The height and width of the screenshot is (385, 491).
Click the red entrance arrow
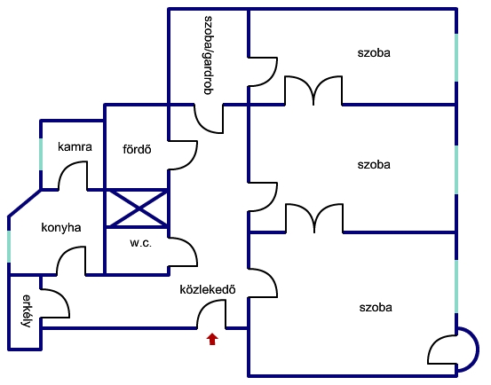coord(212,339)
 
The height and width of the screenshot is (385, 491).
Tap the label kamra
coord(75,146)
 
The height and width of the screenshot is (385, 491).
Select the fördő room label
coord(137,149)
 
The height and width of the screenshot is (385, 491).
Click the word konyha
coord(61,227)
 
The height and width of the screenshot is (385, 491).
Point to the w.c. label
coord(140,243)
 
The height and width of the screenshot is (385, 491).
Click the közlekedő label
coord(208,289)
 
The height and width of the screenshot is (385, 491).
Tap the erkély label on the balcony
coord(27,310)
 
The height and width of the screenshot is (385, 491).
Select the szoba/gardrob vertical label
coord(208,55)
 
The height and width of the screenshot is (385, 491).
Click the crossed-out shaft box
coord(137,208)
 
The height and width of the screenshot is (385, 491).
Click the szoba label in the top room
coord(374,52)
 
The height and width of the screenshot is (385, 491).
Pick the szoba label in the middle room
coord(374,164)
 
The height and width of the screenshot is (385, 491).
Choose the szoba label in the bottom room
coord(376,308)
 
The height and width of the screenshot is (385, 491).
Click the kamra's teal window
coord(41,154)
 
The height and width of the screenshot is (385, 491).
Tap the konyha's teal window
coord(9,247)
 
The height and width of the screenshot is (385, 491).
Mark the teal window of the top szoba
coord(456,58)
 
